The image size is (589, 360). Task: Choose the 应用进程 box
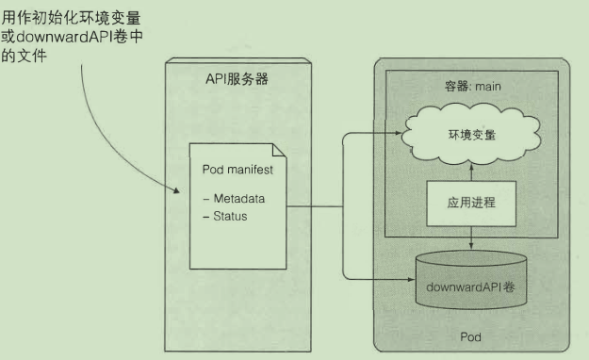point(470,203)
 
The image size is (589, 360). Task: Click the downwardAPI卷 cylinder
point(470,285)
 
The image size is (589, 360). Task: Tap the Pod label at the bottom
point(470,335)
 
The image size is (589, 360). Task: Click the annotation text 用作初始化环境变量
point(73,18)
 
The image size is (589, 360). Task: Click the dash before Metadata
point(206,199)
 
